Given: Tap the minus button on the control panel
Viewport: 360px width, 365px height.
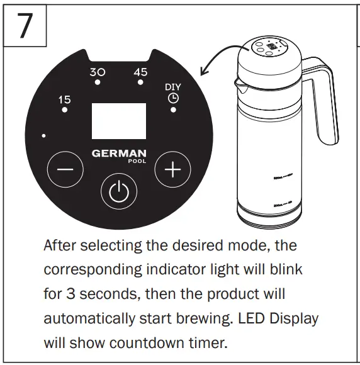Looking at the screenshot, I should click(x=65, y=170).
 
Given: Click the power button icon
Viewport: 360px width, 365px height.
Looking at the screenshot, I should click(x=119, y=192).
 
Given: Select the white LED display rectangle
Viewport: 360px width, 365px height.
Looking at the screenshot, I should click(x=120, y=121).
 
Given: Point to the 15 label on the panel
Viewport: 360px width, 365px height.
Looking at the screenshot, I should click(x=64, y=99).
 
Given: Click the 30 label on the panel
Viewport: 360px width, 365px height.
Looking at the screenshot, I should click(x=98, y=72).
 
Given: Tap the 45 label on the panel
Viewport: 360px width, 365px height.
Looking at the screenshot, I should click(x=140, y=72).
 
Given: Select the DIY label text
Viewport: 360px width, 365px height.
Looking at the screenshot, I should click(x=172, y=87).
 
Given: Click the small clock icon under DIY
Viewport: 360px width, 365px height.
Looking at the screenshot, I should click(x=172, y=98).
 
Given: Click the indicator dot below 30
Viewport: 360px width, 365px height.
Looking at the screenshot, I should click(x=98, y=82).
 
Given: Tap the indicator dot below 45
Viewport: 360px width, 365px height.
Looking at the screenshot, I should click(x=141, y=82).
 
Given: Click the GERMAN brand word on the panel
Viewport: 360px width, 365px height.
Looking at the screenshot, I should click(x=119, y=153).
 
